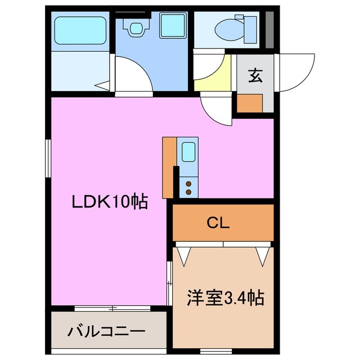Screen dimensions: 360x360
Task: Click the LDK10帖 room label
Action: tap(109, 201)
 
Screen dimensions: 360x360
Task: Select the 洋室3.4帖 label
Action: tap(226, 297)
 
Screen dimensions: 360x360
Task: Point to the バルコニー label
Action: tap(107, 331)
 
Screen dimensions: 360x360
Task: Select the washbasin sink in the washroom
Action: tap(136, 27)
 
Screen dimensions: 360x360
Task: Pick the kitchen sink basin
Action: tap(188, 152)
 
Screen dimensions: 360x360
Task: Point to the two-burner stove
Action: tap(188, 186)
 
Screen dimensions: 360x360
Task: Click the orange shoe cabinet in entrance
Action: tap(249, 103)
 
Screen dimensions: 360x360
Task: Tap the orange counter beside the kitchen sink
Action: tap(169, 166)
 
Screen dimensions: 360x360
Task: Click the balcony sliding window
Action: tap(112, 308)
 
